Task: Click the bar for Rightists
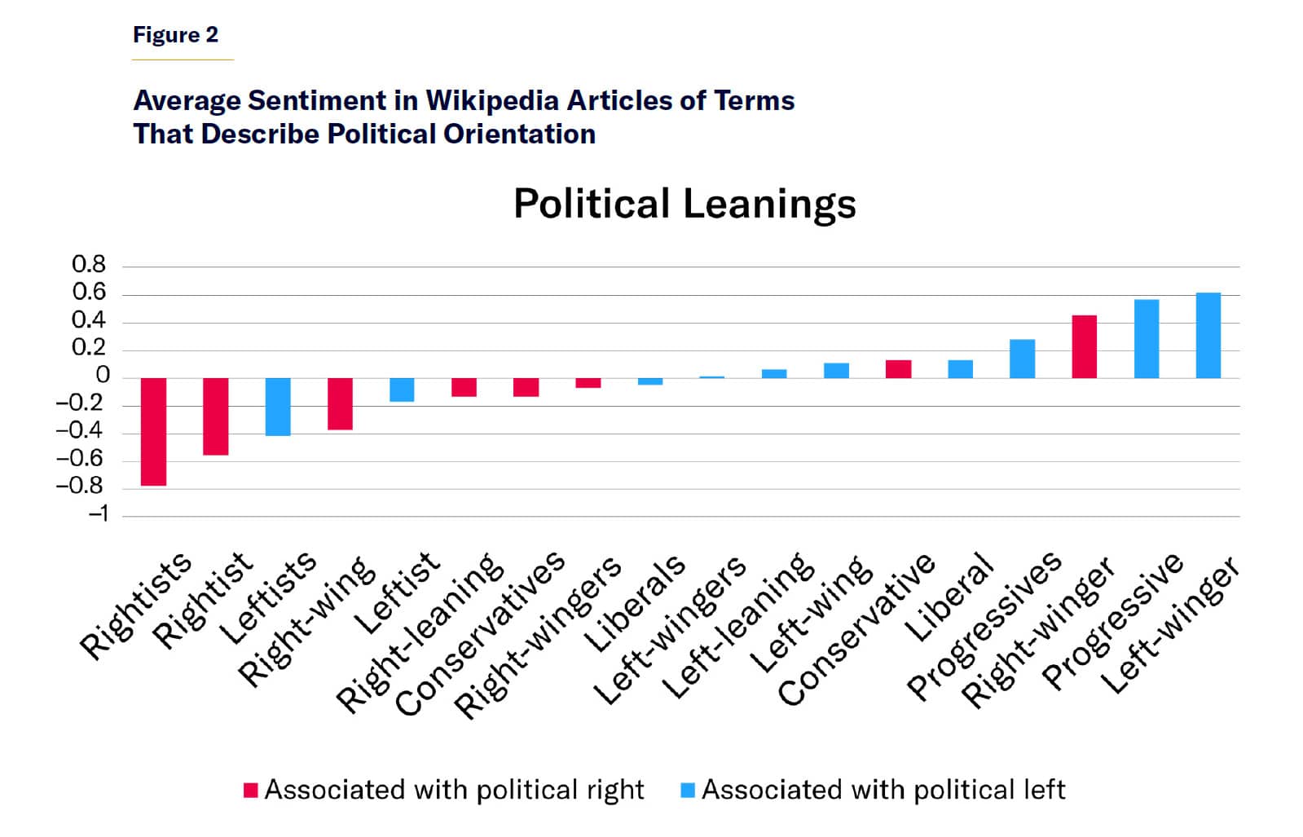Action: [153, 431]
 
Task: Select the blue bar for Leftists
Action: [278, 407]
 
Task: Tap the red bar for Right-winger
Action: [1084, 346]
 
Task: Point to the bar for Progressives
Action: [1022, 359]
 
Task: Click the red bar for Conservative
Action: [898, 369]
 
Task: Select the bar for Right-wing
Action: [340, 403]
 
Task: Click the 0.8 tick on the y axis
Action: [89, 265]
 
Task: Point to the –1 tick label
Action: [98, 514]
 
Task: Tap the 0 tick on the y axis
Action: [103, 376]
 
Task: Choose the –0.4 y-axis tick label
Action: [80, 431]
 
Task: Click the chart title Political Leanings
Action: [685, 204]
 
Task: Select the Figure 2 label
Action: [175, 35]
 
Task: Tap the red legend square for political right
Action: [251, 790]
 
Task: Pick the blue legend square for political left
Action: [688, 790]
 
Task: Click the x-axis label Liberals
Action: [636, 605]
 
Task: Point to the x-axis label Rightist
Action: [205, 601]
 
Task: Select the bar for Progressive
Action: [1146, 338]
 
